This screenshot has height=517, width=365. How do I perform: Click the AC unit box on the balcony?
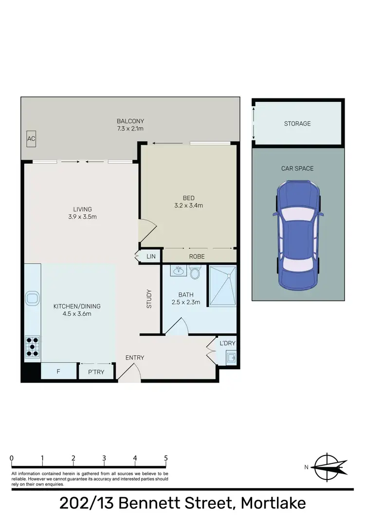[x=31, y=139]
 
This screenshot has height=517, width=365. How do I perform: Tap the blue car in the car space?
[x=297, y=234]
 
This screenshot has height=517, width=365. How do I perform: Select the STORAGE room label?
[x=297, y=124]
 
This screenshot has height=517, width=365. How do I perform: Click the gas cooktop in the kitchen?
[x=33, y=346]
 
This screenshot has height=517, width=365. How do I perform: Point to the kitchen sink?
[x=33, y=298]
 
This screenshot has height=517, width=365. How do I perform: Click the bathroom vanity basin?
[x=178, y=271]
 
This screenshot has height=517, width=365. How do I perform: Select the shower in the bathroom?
[x=221, y=286]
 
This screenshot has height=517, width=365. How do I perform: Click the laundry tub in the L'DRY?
[x=231, y=358]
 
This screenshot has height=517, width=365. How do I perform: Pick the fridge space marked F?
[x=58, y=371]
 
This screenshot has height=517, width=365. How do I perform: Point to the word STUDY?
[x=149, y=299]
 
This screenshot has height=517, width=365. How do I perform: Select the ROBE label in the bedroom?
[x=197, y=256]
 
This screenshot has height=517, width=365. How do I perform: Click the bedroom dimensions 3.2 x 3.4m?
[x=189, y=206]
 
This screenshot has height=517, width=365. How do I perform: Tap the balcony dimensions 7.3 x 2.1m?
[x=130, y=129]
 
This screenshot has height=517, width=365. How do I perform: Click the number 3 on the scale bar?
[x=104, y=458]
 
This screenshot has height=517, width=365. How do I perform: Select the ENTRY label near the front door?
[x=135, y=358]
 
